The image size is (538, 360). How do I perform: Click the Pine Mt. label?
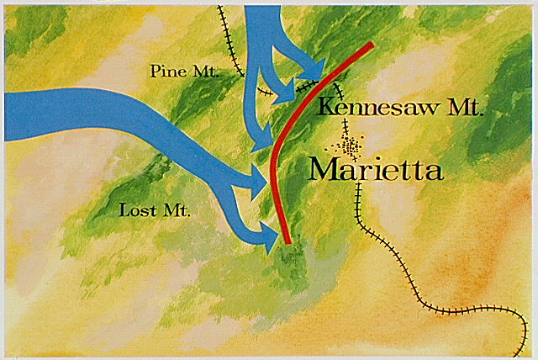coord(184,71)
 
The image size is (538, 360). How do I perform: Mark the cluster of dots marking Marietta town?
coord(350,147)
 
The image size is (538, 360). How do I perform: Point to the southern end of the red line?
coord(287,241)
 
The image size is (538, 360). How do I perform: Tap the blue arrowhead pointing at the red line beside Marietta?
coord(261,179)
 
